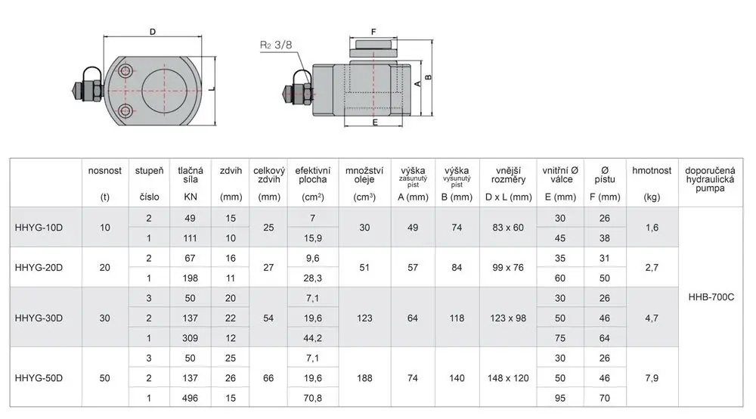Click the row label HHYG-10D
(x=39, y=228)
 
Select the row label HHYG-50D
(x=39, y=378)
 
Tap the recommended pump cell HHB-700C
(x=711, y=297)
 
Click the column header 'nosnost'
(x=104, y=171)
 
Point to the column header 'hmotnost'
(x=652, y=171)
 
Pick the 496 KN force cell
(x=190, y=399)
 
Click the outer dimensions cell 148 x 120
(x=508, y=378)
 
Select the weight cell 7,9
(x=652, y=378)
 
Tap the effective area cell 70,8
(x=312, y=399)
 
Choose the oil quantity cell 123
(x=364, y=318)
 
